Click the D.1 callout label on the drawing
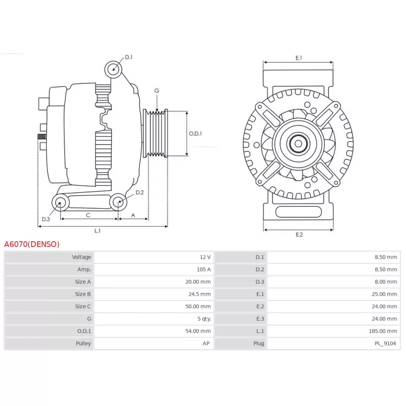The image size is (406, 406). tap(129, 57)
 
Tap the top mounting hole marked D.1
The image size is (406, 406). tap(113, 70)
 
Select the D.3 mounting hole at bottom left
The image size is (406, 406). tap(60, 202)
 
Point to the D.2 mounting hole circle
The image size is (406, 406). tap(118, 202)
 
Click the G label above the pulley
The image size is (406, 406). tap(157, 91)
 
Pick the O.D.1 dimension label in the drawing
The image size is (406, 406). tap(195, 133)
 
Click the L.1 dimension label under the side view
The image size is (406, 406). tap(97, 231)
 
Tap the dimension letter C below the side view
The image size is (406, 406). tap(88, 215)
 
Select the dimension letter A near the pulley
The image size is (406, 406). tap(133, 215)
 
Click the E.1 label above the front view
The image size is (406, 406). tap(298, 58)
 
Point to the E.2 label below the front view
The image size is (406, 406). tap(299, 234)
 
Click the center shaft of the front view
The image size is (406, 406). tap(298, 144)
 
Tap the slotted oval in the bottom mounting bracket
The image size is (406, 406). tap(298, 212)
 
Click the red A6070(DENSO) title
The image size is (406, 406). tap(32, 244)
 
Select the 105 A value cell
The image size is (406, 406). tap(204, 269)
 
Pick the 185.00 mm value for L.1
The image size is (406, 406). tap(383, 331)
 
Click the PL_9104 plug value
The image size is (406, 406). tap(385, 344)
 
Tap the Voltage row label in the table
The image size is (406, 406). tap(82, 257)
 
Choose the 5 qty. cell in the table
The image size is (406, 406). tap(204, 319)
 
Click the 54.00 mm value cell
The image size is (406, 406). tap(198, 331)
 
